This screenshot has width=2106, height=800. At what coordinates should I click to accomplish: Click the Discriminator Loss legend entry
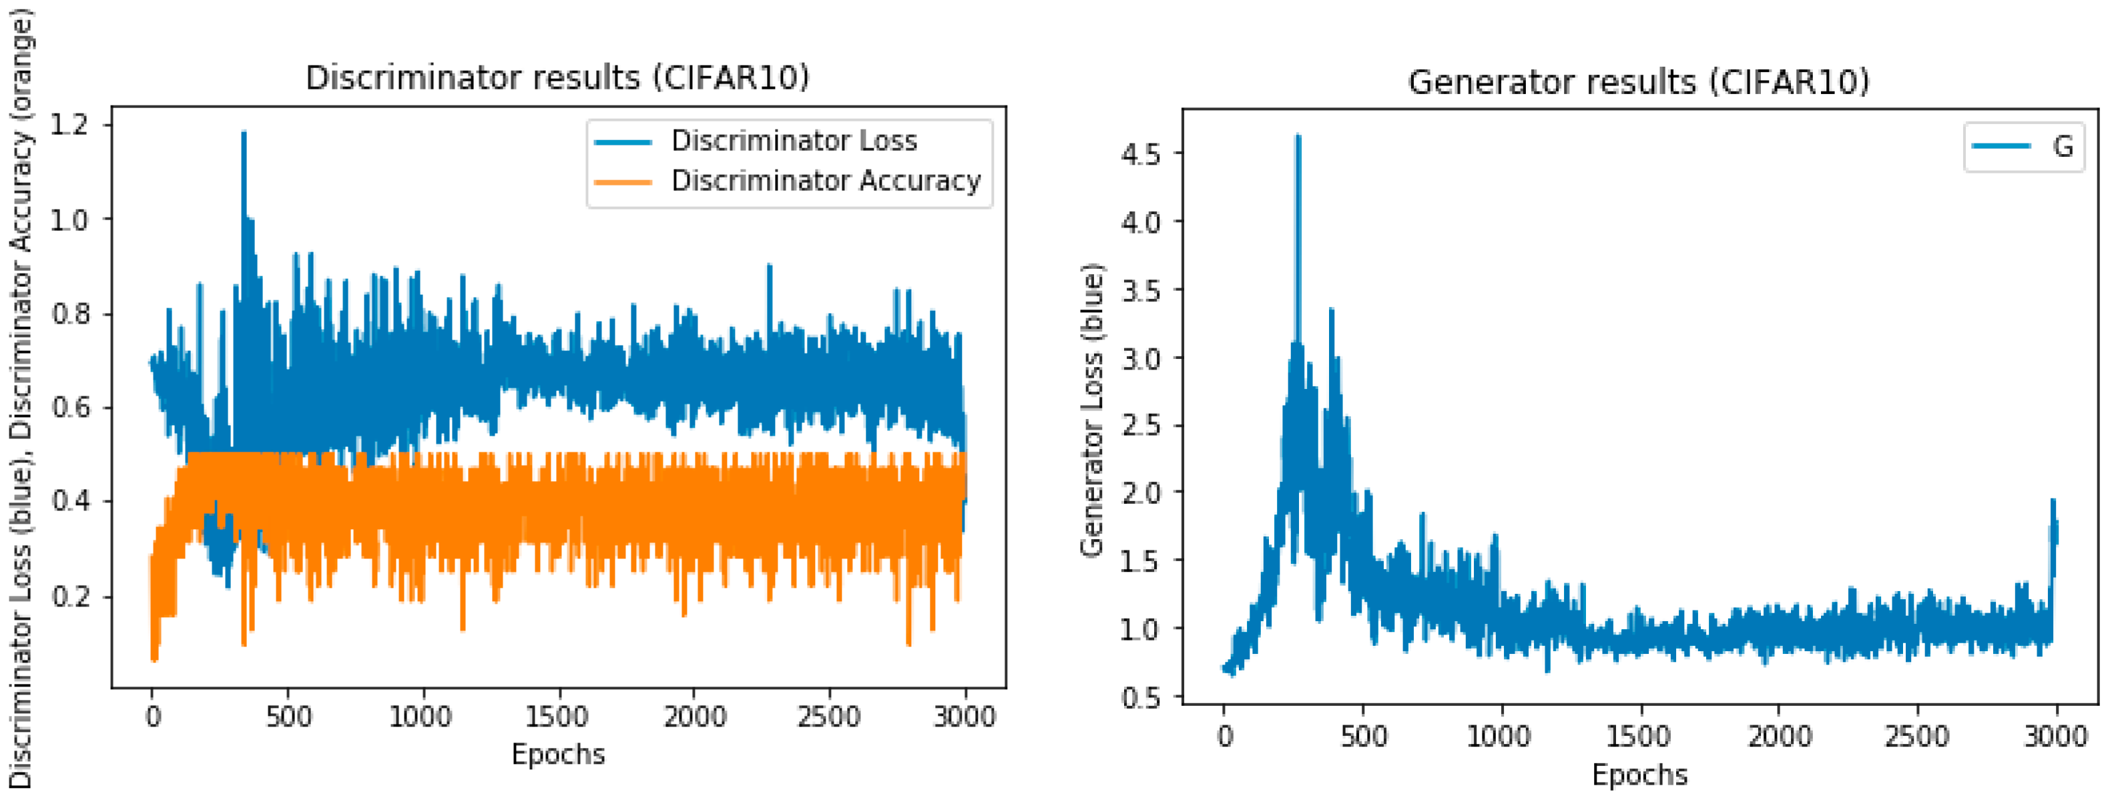click(x=793, y=141)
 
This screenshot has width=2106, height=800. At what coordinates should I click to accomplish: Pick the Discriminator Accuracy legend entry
click(x=825, y=181)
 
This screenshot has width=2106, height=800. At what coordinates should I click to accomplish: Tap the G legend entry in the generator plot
click(x=2063, y=146)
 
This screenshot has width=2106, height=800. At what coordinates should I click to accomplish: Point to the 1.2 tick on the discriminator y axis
click(x=69, y=125)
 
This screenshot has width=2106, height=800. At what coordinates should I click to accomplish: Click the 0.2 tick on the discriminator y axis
click(x=69, y=596)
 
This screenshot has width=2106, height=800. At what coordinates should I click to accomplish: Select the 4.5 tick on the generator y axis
click(x=1141, y=153)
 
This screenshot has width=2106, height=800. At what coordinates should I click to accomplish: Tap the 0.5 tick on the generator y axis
click(x=1141, y=698)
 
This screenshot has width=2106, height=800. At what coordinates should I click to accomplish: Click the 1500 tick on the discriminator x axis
click(x=557, y=717)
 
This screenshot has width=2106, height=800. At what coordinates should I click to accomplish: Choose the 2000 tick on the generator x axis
click(x=1778, y=736)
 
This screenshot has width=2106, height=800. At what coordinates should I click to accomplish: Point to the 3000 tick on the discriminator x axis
click(x=965, y=717)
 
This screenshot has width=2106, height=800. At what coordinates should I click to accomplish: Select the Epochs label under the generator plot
click(x=1639, y=775)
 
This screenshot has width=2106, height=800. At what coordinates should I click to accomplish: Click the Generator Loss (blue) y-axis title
click(x=1092, y=410)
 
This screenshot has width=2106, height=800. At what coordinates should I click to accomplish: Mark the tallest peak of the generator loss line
click(x=1298, y=137)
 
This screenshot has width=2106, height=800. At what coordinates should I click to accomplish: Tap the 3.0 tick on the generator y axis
click(x=1141, y=358)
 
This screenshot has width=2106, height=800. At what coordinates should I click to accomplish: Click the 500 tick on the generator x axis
click(x=1363, y=736)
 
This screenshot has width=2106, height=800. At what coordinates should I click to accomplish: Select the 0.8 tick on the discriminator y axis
click(x=69, y=314)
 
